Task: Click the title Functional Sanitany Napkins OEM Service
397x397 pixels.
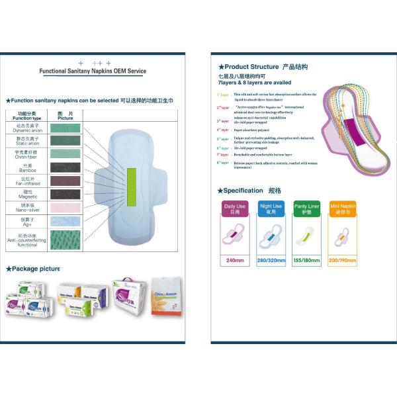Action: point(93,71)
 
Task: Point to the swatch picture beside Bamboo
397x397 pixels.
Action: point(66,167)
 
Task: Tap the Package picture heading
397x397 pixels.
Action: point(33,269)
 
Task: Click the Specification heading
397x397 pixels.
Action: point(245,191)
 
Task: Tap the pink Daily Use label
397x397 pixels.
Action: point(235,209)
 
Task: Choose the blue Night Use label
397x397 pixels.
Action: point(271,209)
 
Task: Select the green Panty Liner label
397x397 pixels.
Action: point(306,209)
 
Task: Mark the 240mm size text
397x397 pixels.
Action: point(235,261)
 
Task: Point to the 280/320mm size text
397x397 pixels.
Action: point(271,261)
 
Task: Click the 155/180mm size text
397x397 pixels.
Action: point(306,261)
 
